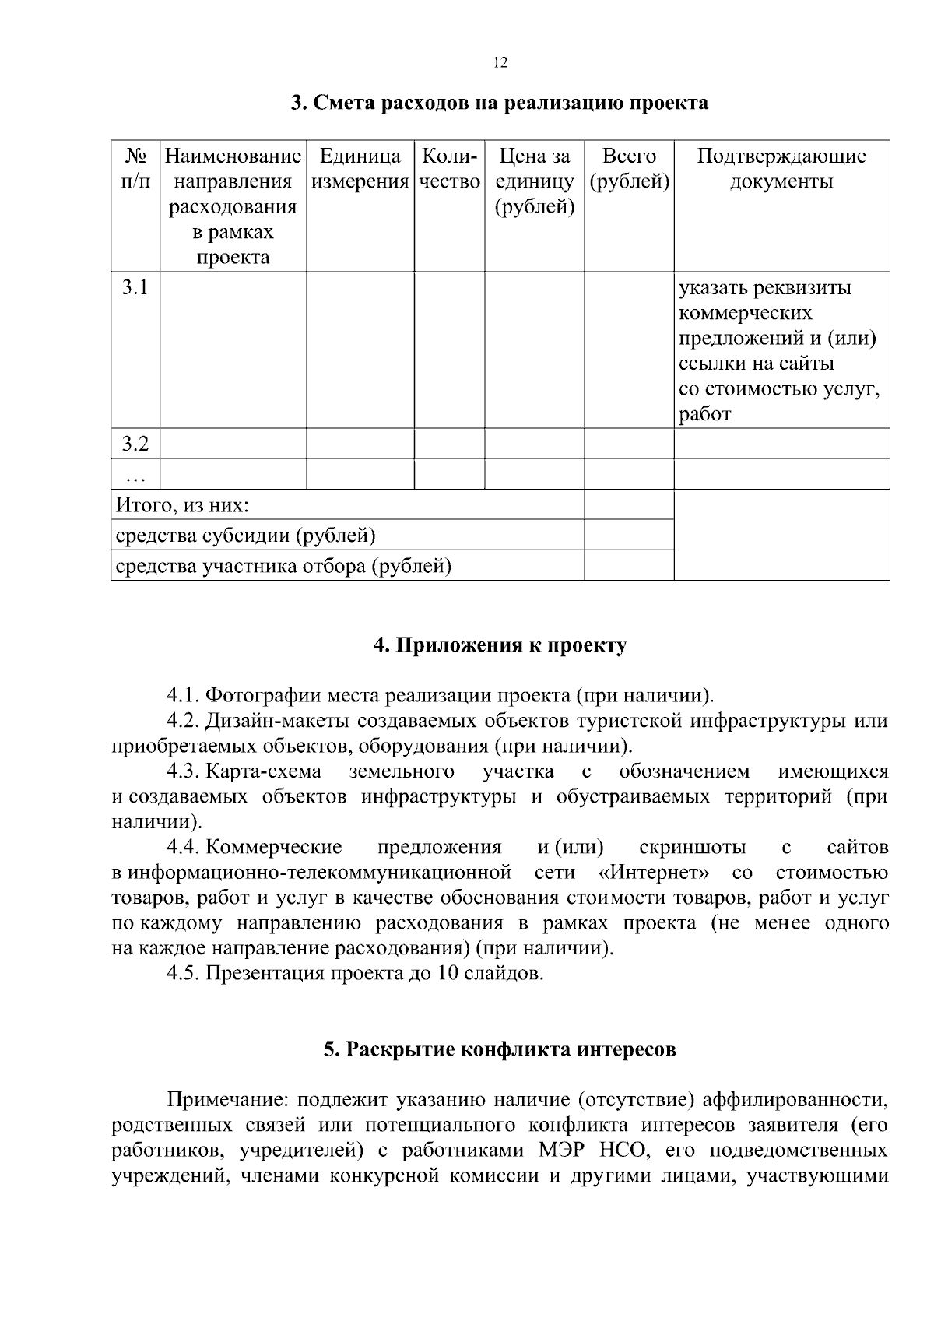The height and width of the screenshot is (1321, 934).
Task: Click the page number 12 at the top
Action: (x=500, y=63)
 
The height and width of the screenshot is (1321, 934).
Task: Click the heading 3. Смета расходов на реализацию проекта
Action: (x=500, y=103)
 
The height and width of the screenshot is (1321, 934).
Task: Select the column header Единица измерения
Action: (x=360, y=169)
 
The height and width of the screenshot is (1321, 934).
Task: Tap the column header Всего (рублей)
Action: (x=629, y=169)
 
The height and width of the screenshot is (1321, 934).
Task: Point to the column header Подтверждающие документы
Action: (x=781, y=169)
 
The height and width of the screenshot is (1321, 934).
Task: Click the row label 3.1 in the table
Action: (x=135, y=287)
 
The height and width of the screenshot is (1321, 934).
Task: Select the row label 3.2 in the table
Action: (x=135, y=444)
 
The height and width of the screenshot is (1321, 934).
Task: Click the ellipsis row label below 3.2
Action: (x=135, y=475)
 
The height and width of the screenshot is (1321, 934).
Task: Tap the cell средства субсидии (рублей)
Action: (x=245, y=536)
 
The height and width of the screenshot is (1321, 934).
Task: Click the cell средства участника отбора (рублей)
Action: (x=283, y=566)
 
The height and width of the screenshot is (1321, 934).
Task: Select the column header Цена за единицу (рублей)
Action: (x=534, y=181)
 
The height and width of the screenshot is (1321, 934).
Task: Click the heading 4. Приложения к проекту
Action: (x=500, y=646)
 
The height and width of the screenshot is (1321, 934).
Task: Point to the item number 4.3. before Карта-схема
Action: (x=184, y=771)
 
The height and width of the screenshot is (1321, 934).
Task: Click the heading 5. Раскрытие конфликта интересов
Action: (x=500, y=1049)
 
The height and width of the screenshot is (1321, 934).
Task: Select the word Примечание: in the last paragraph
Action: (x=228, y=1100)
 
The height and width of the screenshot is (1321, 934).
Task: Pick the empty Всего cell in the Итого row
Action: (x=629, y=505)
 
